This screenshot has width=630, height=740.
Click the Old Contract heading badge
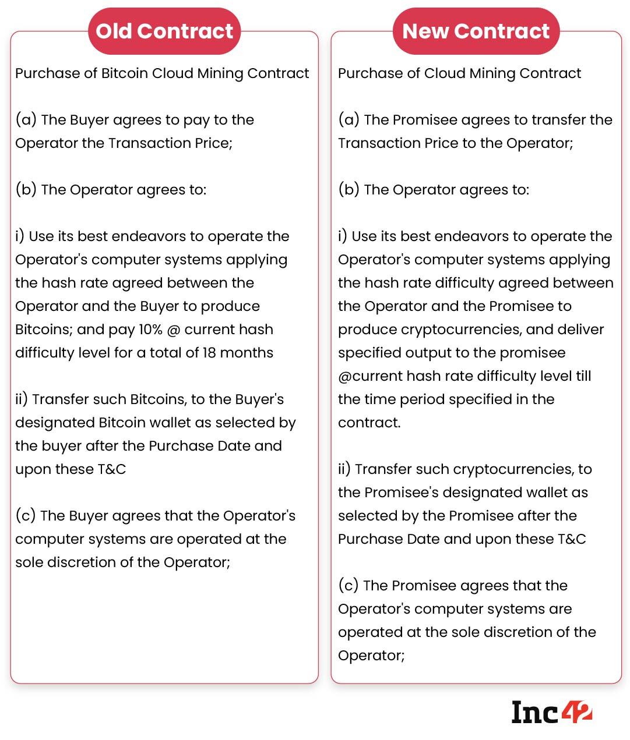pos(164,31)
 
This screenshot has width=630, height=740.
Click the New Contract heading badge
pos(476,31)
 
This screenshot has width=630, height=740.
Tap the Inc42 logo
pos(551,711)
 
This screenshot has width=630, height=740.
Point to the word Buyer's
pos(259,399)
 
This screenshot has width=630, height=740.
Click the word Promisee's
pos(402,493)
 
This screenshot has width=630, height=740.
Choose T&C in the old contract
pos(111,469)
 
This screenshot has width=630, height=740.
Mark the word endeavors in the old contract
pos(148,236)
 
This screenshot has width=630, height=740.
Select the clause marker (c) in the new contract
pos(348,586)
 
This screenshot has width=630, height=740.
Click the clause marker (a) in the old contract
pos(26,120)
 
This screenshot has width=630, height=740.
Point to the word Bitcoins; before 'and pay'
pos(44,330)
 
